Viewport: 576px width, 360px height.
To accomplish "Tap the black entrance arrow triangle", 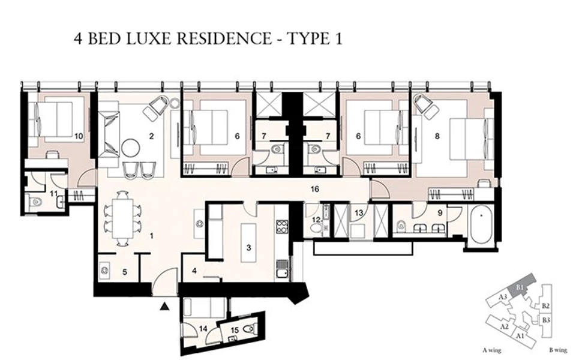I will point(165,306).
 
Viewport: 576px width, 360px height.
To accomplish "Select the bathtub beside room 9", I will point(481,225).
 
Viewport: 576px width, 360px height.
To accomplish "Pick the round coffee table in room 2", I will point(131,146).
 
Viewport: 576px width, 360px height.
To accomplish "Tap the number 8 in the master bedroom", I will point(437,136).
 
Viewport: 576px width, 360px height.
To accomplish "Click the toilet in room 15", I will point(251,329).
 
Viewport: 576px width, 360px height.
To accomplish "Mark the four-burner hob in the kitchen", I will point(281,227).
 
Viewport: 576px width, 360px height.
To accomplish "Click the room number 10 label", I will point(78,136).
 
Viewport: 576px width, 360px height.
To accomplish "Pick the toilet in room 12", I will point(316,227).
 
